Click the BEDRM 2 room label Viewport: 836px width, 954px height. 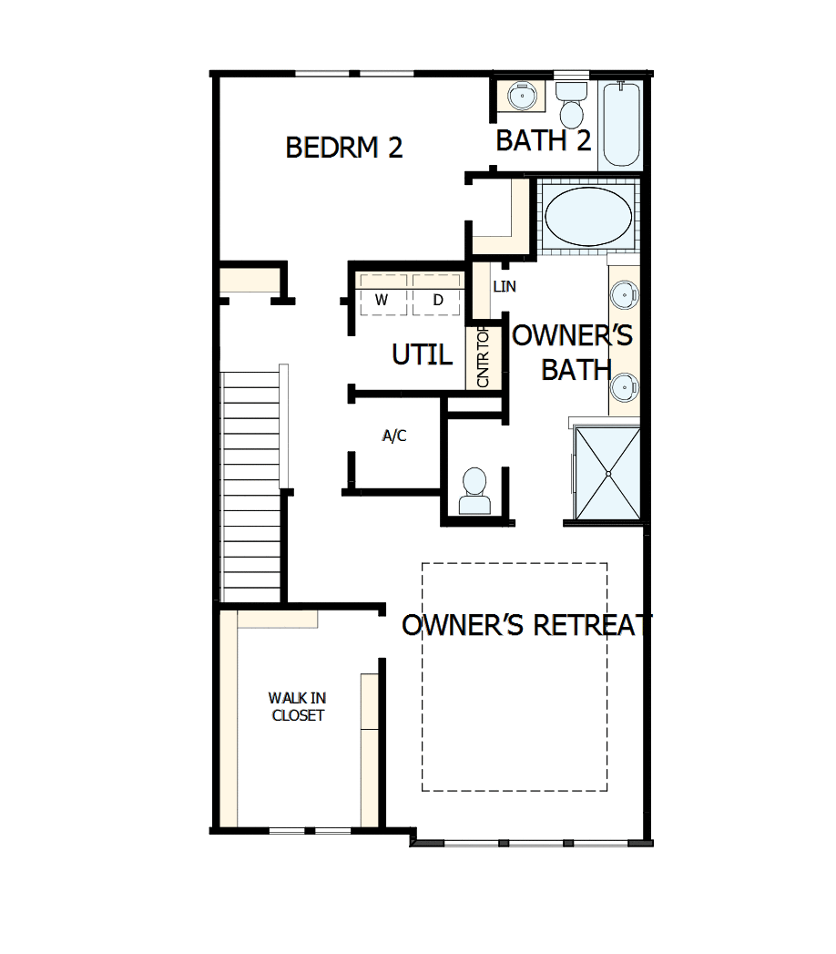(344, 148)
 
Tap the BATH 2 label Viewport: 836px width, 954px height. (544, 141)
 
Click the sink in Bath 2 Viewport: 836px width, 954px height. (522, 96)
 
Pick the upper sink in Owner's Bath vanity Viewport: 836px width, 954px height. (625, 294)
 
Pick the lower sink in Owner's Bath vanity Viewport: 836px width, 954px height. (625, 386)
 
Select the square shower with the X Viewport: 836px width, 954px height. (607, 472)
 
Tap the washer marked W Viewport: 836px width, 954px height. (382, 299)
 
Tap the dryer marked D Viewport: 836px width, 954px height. (437, 299)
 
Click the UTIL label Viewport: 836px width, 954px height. (422, 354)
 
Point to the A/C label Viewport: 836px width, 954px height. (393, 436)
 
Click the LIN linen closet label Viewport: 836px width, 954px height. (505, 286)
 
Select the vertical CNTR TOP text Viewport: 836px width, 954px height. (484, 357)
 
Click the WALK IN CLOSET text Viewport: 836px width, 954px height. (296, 706)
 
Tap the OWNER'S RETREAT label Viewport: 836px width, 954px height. (527, 625)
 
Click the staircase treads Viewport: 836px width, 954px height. (251, 483)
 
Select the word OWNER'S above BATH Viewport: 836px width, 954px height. (573, 336)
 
